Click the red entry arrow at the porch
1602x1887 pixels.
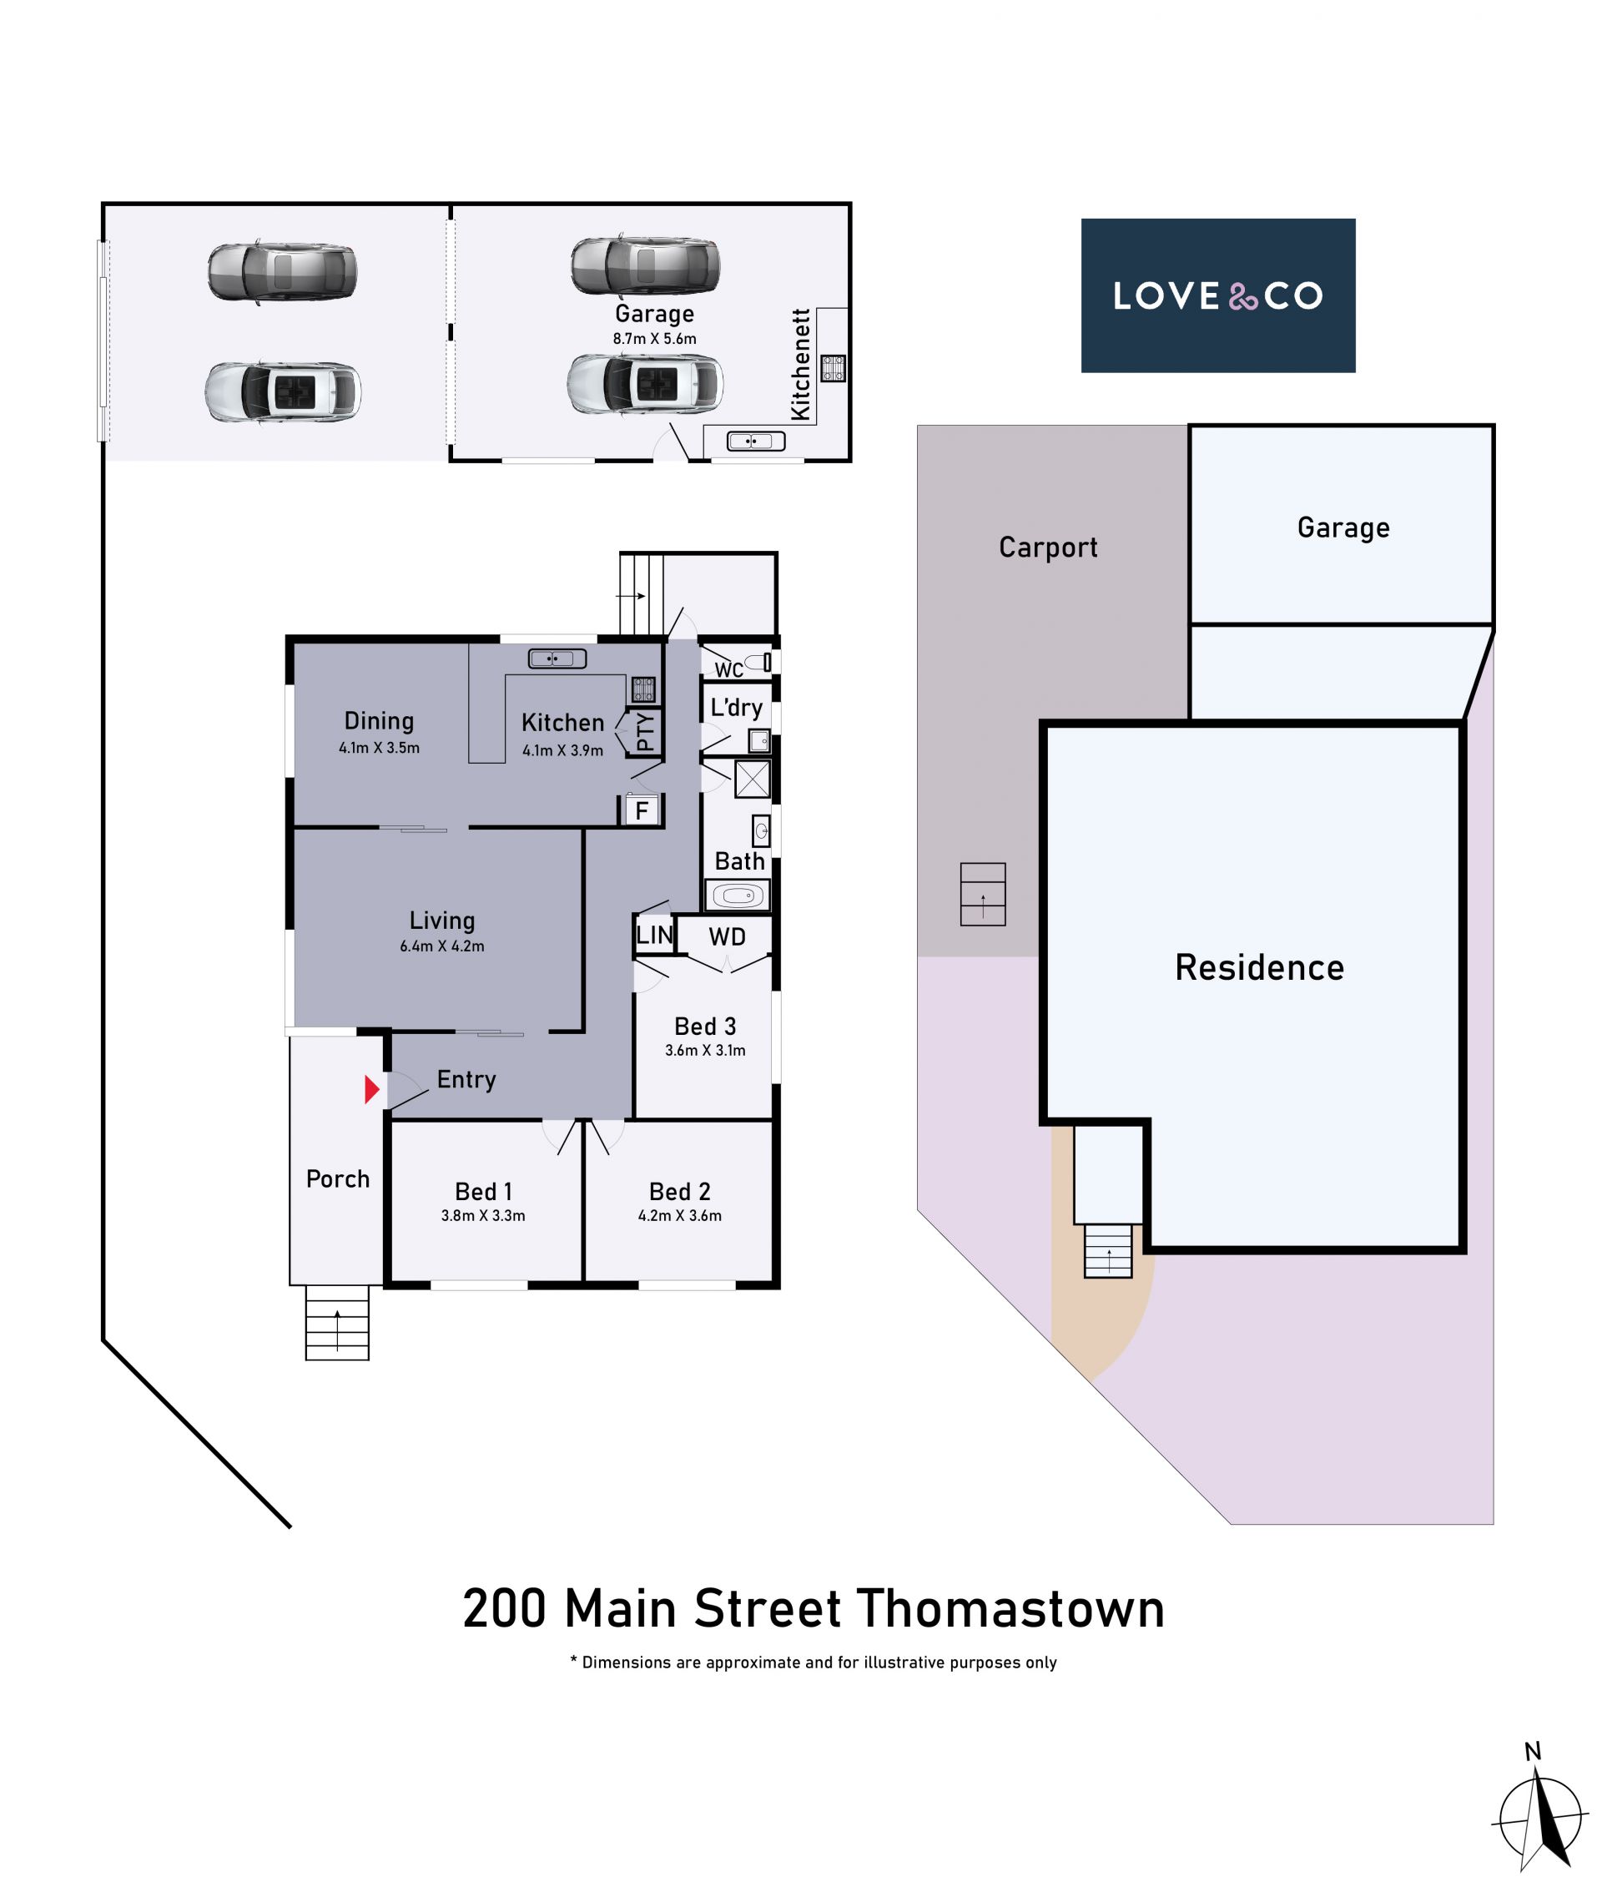click(x=371, y=1089)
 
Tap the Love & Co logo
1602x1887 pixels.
click(x=1218, y=295)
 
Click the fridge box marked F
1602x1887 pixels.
click(x=641, y=810)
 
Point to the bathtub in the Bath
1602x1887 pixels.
click(x=738, y=896)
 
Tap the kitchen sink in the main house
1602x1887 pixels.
click(x=557, y=658)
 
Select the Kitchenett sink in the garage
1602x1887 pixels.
click(x=756, y=441)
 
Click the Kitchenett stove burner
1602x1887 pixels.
click(x=834, y=368)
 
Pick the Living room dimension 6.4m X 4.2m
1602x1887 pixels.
click(x=442, y=946)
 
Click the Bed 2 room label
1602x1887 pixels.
click(x=679, y=1191)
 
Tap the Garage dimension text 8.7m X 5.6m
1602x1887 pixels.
click(x=654, y=339)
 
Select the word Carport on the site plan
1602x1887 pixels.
click(x=1048, y=547)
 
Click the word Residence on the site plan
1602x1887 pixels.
click(x=1260, y=966)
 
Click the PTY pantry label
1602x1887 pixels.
click(x=645, y=731)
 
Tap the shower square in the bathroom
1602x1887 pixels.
click(x=752, y=780)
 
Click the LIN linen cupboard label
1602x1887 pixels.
click(x=654, y=935)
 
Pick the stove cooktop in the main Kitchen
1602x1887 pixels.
click(x=643, y=689)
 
